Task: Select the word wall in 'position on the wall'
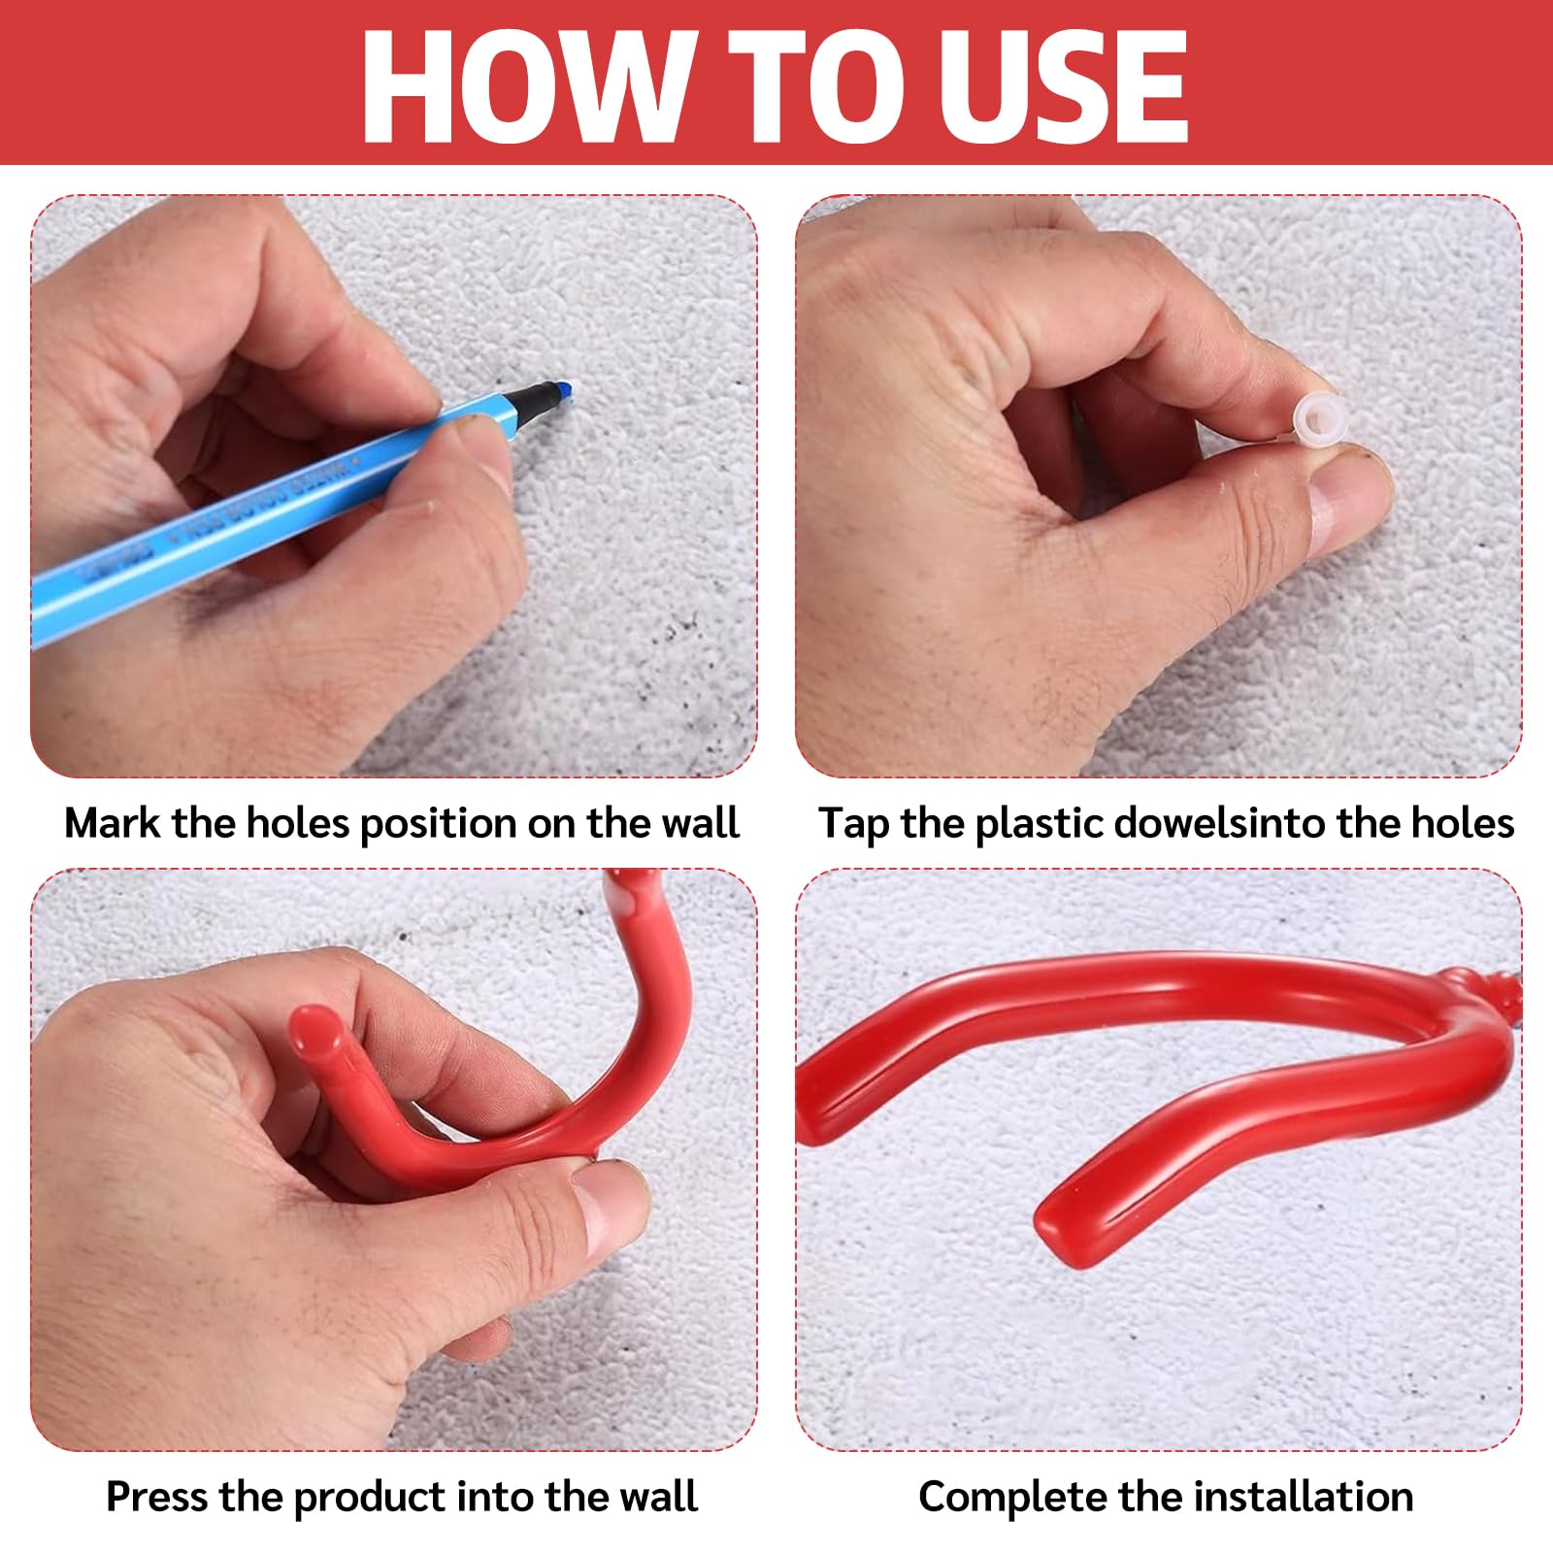coord(701,823)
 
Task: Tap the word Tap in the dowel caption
coord(853,824)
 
